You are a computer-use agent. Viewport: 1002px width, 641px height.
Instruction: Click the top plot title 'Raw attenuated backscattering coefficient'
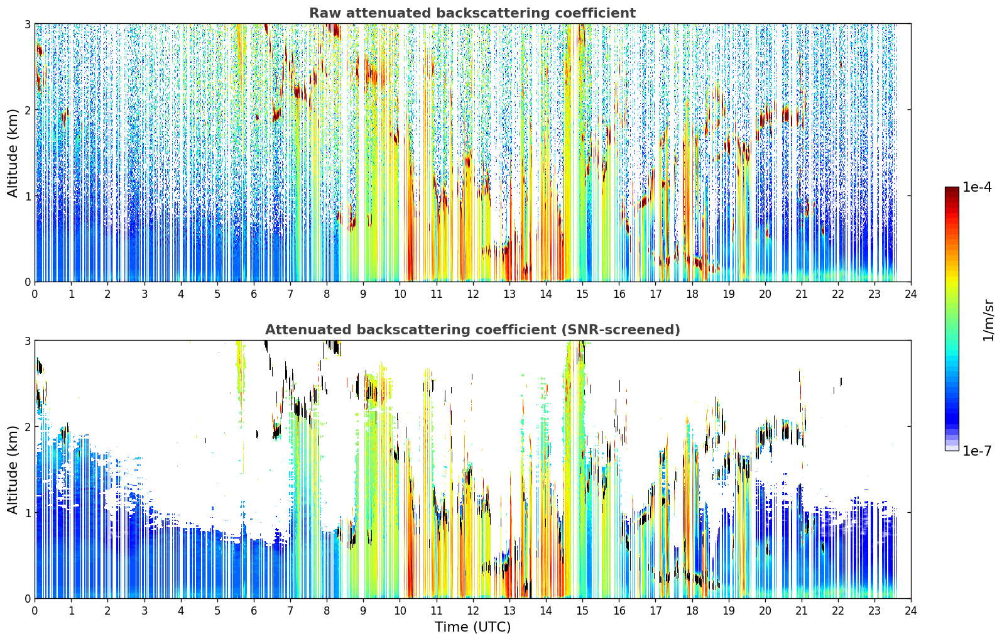[472, 13]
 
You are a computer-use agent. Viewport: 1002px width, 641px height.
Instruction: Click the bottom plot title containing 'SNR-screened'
[472, 329]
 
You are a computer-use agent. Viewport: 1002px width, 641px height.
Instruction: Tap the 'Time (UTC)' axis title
[472, 627]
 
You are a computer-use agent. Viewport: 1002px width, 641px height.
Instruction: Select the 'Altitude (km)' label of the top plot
[13, 153]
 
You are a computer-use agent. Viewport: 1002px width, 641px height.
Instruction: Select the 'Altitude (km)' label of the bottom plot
[13, 469]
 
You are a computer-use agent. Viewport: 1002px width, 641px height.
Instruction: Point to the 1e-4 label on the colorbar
[977, 187]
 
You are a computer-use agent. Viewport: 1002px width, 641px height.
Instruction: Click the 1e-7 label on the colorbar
[977, 451]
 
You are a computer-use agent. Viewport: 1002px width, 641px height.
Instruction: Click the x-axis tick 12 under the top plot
[473, 295]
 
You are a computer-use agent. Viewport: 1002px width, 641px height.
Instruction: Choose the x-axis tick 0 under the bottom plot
[35, 611]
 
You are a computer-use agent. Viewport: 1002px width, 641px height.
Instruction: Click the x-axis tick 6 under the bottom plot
[254, 611]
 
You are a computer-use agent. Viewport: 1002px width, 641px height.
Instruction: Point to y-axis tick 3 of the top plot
[27, 24]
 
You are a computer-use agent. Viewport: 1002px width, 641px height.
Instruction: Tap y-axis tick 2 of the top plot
[27, 110]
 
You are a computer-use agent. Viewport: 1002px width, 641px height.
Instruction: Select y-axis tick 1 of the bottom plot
[27, 513]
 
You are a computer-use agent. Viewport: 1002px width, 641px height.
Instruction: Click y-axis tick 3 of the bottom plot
[27, 341]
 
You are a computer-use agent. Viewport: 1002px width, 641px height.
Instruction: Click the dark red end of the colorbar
[952, 189]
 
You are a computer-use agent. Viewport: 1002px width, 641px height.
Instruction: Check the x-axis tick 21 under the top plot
[802, 295]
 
